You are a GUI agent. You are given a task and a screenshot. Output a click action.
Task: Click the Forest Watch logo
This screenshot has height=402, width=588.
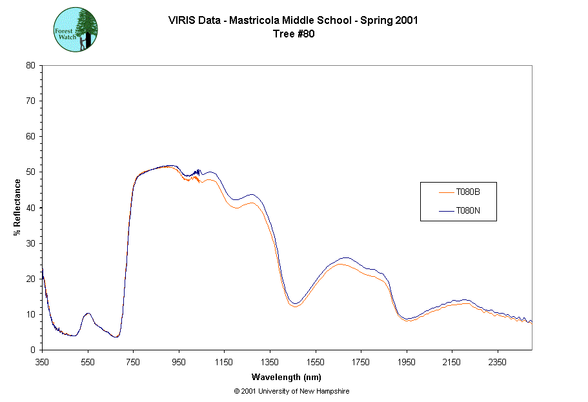click(x=76, y=30)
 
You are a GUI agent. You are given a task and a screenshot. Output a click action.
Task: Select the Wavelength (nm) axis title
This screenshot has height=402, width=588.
click(x=287, y=377)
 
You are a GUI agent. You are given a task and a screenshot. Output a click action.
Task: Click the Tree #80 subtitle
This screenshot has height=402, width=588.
click(x=294, y=34)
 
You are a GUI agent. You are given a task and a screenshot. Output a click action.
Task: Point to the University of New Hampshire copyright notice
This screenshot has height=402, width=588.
click(x=292, y=391)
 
